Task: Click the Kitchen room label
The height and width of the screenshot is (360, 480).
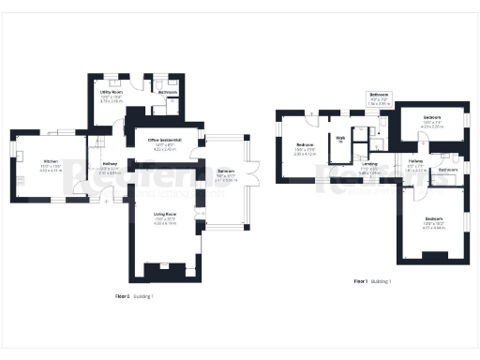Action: (x=51, y=165)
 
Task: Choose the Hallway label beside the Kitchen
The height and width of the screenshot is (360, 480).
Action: (x=110, y=167)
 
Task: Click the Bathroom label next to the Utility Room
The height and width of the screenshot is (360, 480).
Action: (x=168, y=93)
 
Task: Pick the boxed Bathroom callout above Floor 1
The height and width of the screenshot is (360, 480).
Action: (x=379, y=97)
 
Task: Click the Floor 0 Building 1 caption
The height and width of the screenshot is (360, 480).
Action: (x=133, y=296)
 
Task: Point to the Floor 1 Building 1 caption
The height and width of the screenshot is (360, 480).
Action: (x=372, y=281)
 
